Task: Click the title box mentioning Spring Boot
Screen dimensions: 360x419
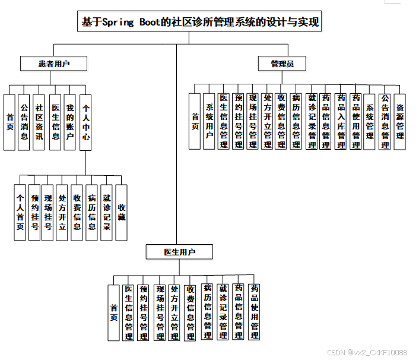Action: coord(201,23)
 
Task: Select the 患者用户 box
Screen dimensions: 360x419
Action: coord(54,63)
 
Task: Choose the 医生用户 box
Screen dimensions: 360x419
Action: coord(179,252)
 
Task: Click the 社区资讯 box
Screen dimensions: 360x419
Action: coord(39,122)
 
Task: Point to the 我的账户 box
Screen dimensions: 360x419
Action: coord(70,122)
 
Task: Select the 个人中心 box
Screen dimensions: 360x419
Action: coord(85,122)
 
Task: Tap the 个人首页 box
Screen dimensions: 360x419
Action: coord(20,212)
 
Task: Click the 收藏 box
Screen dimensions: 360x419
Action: coord(121,212)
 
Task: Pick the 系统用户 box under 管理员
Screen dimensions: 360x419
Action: coord(209,121)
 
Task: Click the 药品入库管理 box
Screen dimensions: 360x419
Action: coord(341,121)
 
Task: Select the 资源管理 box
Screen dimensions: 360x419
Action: coord(400,121)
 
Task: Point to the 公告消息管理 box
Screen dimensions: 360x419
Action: coord(385,121)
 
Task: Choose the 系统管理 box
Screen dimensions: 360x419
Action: coord(370,121)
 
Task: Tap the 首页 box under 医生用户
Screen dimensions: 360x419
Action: coord(114,312)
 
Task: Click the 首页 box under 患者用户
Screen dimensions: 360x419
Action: coord(9,122)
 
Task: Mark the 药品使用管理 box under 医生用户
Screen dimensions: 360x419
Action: coord(254,312)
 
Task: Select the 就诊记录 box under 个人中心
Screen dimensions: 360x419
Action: coord(107,212)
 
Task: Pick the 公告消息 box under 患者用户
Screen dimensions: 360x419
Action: coord(24,122)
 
